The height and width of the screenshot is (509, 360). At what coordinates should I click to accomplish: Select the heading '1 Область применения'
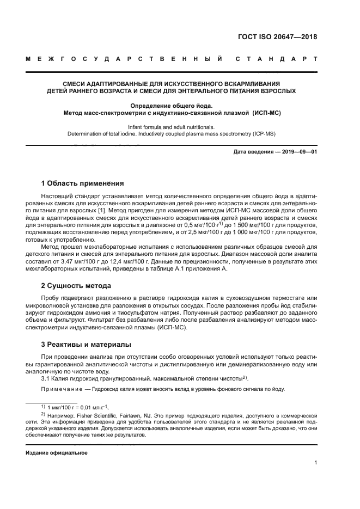tap(82, 183)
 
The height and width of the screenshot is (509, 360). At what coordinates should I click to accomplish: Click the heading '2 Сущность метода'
tap(76, 285)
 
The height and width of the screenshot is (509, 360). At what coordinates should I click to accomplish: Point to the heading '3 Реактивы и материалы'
tap(86, 345)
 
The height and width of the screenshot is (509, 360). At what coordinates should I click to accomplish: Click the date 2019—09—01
tap(296, 152)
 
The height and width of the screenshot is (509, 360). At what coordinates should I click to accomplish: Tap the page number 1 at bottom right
tap(315, 463)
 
